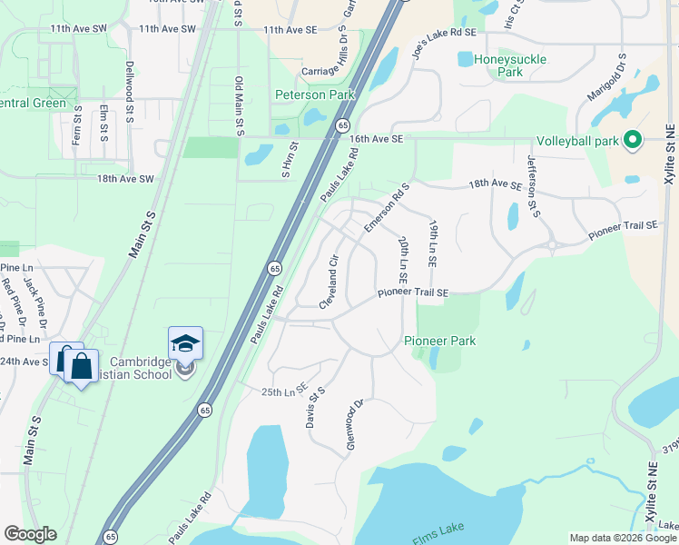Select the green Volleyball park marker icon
tap(634, 140)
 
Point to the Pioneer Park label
tap(440, 341)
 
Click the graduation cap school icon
tap(185, 343)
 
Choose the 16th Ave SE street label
tap(376, 139)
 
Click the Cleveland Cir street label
tap(328, 282)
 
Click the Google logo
tap(30, 534)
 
